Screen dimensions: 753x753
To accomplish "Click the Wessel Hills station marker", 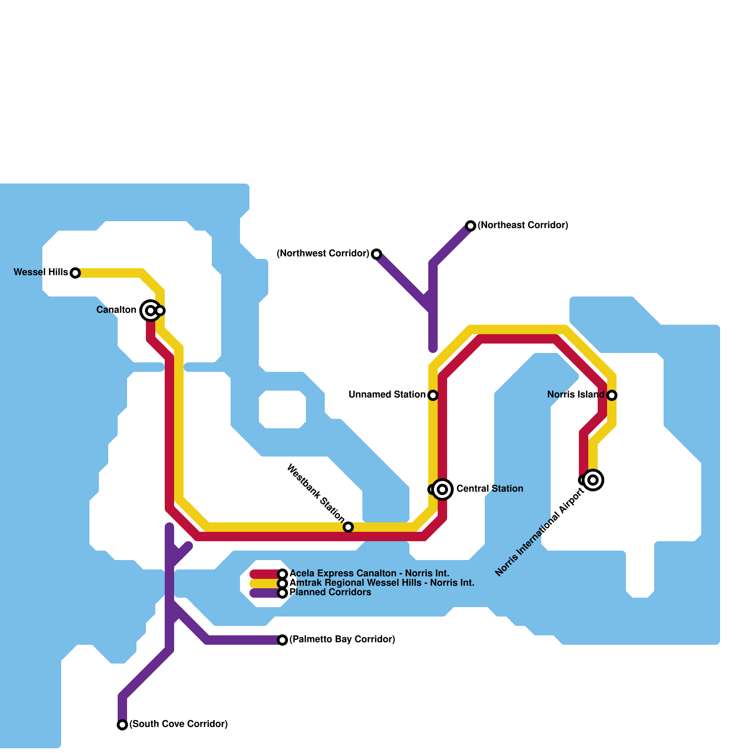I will pyautogui.click(x=75, y=273).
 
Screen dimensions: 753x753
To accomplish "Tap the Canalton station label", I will pyautogui.click(x=116, y=310).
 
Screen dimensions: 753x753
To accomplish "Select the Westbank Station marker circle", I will pyautogui.click(x=348, y=527).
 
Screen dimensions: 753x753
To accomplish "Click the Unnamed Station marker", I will pyautogui.click(x=433, y=395).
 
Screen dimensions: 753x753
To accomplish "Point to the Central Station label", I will pyautogui.click(x=489, y=489).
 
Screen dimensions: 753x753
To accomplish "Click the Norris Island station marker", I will pyautogui.click(x=612, y=395).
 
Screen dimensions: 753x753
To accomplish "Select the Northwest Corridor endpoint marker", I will pyautogui.click(x=376, y=254).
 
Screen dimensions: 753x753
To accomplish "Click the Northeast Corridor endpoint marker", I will pyautogui.click(x=471, y=226).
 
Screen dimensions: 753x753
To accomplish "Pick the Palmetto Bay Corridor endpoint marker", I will pyautogui.click(x=282, y=640).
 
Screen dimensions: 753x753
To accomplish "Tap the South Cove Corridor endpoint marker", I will pyautogui.click(x=122, y=725).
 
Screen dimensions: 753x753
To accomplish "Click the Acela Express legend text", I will pyautogui.click(x=369, y=574).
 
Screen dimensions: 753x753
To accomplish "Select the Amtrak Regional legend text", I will pyautogui.click(x=381, y=583).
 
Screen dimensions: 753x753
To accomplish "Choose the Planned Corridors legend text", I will pyautogui.click(x=330, y=593).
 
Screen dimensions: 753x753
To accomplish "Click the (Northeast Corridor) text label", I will pyautogui.click(x=523, y=225).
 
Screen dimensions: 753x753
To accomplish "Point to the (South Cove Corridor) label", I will pyautogui.click(x=178, y=724).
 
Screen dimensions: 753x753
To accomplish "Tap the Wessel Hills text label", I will pyautogui.click(x=40, y=272).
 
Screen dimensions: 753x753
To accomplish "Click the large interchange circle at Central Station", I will pyautogui.click(x=442, y=489).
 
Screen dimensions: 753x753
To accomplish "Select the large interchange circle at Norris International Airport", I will pyautogui.click(x=593, y=480).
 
